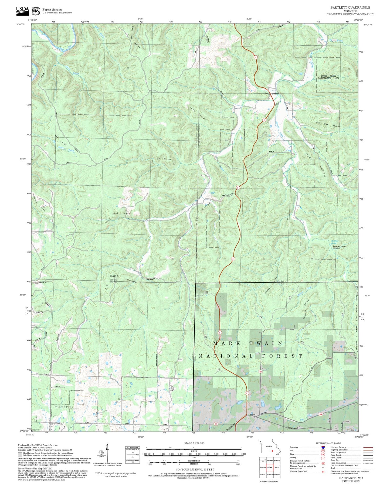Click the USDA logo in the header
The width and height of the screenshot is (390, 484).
click(x=22, y=10)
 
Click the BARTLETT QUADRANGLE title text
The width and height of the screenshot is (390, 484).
click(x=350, y=8)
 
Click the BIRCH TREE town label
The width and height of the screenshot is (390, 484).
click(x=64, y=407)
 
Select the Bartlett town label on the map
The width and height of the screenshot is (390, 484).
click(x=252, y=415)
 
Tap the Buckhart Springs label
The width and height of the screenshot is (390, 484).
click(x=340, y=246)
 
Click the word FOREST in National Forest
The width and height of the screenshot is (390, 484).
click(x=282, y=356)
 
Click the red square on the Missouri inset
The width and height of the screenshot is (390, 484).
click(x=273, y=451)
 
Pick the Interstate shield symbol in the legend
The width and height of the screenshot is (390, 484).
click(x=323, y=447)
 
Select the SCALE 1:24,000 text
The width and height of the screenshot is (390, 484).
click(x=194, y=443)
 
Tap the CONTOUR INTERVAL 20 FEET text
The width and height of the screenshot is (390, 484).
click(x=194, y=469)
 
